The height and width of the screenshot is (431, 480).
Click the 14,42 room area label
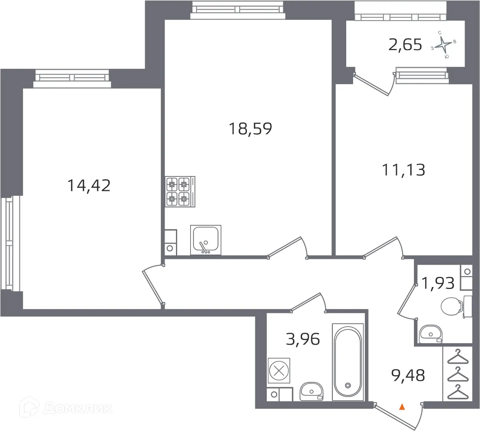click(89, 186)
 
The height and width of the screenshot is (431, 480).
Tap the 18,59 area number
click(250, 129)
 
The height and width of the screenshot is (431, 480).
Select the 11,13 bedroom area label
click(404, 170)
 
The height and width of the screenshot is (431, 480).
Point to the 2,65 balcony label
click(405, 45)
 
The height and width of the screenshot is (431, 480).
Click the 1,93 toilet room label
click(438, 283)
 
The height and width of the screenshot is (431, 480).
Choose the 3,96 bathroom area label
click(303, 339)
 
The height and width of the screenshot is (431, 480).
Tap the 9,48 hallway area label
click(408, 375)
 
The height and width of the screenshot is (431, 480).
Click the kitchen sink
click(206, 240)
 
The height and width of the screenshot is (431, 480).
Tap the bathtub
click(347, 361)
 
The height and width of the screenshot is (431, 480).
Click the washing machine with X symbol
click(279, 370)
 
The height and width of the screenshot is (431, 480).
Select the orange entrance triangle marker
click(402, 407)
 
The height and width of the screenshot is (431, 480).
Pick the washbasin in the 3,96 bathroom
click(311, 392)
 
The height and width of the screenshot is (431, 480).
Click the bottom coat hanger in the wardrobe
click(457, 392)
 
